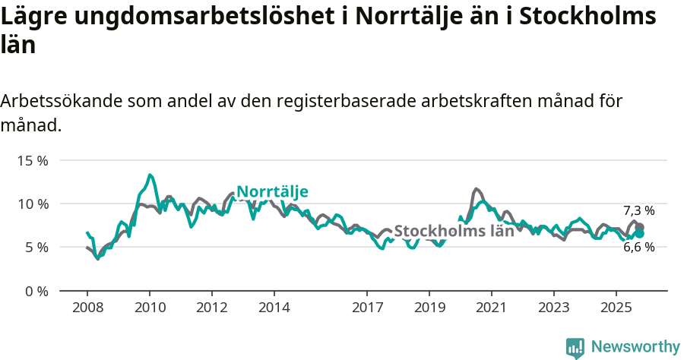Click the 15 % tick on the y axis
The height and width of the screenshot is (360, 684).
pyautogui.click(x=32, y=161)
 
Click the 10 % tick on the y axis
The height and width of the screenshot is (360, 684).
pyautogui.click(x=32, y=204)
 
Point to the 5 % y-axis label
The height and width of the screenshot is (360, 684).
pyautogui.click(x=35, y=248)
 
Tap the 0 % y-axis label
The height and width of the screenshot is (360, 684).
pyautogui.click(x=35, y=291)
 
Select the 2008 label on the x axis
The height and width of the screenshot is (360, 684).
pyautogui.click(x=87, y=308)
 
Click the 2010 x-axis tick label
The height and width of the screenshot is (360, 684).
pyautogui.click(x=150, y=308)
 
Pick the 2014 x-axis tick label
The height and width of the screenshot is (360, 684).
pyautogui.click(x=274, y=308)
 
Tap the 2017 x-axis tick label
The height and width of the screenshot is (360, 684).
pyautogui.click(x=367, y=308)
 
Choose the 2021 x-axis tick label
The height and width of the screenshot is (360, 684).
pyautogui.click(x=491, y=308)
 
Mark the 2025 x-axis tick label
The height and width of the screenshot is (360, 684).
pyautogui.click(x=616, y=308)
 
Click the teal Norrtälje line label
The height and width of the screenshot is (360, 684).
pyautogui.click(x=272, y=192)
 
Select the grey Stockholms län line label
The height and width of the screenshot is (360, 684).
pyautogui.click(x=454, y=232)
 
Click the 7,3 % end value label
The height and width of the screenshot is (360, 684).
pyautogui.click(x=638, y=210)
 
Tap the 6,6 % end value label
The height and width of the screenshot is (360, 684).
pyautogui.click(x=638, y=247)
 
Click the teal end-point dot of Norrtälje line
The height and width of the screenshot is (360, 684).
pyautogui.click(x=639, y=234)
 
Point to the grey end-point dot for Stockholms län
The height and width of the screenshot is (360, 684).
pyautogui.click(x=639, y=227)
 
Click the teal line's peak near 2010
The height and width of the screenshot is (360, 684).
pyautogui.click(x=150, y=175)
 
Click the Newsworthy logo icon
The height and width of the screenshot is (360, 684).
pyautogui.click(x=575, y=348)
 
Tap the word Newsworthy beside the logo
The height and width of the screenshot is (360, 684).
pyautogui.click(x=635, y=347)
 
